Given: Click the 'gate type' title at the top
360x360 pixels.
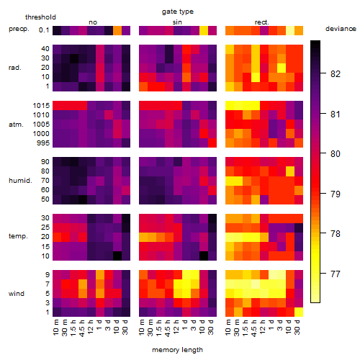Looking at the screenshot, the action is click(x=178, y=12).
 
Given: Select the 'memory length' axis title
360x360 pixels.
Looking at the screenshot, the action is click(x=177, y=350).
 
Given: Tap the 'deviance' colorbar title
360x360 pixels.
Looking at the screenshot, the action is click(x=341, y=29).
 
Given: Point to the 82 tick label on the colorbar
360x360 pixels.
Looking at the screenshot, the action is click(x=336, y=73).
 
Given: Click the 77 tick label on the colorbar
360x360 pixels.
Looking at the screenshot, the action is click(x=336, y=274).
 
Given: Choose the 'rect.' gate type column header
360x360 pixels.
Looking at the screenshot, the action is click(x=262, y=22).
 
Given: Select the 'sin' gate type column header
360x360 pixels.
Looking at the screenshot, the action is click(x=177, y=22).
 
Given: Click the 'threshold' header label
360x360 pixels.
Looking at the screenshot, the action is click(x=40, y=17).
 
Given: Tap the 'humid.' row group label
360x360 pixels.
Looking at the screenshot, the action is click(x=20, y=181).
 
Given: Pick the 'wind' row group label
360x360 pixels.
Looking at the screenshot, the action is click(x=17, y=294).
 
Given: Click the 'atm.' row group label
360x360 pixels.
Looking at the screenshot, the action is click(x=16, y=125).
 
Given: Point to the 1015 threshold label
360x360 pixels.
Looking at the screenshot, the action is click(x=41, y=106).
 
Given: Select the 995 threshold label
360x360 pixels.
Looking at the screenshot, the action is click(x=43, y=143).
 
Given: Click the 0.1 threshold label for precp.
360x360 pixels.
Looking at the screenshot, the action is click(x=44, y=30).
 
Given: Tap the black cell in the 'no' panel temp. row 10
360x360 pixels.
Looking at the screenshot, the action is click(x=117, y=256).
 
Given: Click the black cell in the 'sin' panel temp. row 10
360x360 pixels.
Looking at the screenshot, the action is click(x=204, y=256).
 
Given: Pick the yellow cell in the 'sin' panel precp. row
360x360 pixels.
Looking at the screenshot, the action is click(x=204, y=30).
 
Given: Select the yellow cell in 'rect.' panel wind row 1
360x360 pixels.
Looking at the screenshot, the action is click(x=299, y=312).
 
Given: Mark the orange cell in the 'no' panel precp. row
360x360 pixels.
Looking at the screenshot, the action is click(x=117, y=30).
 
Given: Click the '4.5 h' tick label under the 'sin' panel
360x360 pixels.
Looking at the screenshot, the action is click(x=168, y=328).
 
